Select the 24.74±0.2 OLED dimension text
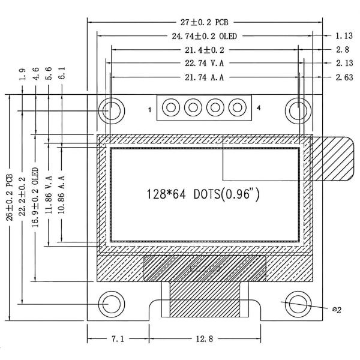(204, 36)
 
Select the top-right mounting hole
(297, 110)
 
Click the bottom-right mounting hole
(297, 304)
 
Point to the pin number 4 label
(259, 109)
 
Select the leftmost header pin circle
(171, 109)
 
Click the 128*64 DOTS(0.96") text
(203, 194)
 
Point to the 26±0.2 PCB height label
(9, 207)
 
